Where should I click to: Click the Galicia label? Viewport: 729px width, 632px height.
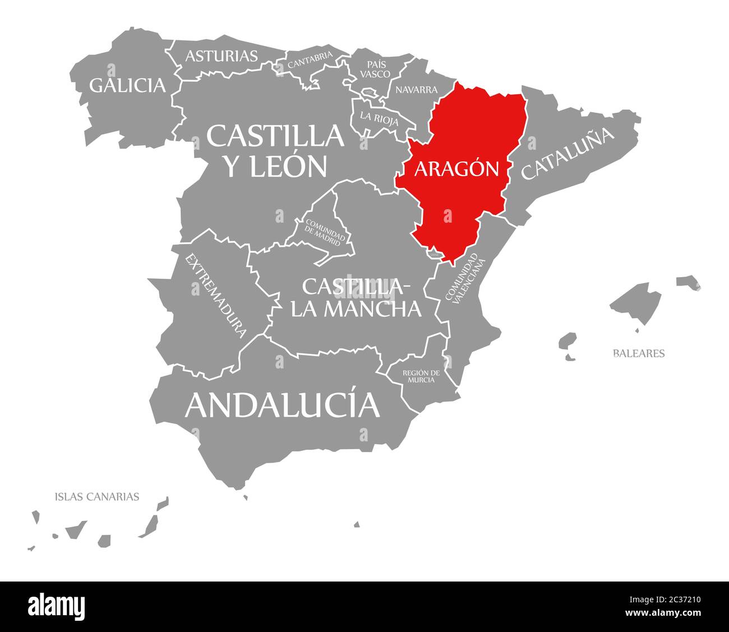point(128,85)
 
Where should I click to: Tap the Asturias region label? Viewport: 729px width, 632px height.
point(222,56)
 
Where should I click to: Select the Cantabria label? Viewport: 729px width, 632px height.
point(310,60)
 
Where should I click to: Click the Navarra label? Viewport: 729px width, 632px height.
point(416,90)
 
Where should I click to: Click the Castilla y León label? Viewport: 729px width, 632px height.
point(275,150)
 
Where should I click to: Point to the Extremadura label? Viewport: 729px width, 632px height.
point(216,296)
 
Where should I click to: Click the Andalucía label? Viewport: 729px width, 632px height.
point(282,405)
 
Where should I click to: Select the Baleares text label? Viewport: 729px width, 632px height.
point(639,353)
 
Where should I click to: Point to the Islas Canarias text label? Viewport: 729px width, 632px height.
point(97,496)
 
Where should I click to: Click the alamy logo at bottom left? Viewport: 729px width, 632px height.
point(56,606)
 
